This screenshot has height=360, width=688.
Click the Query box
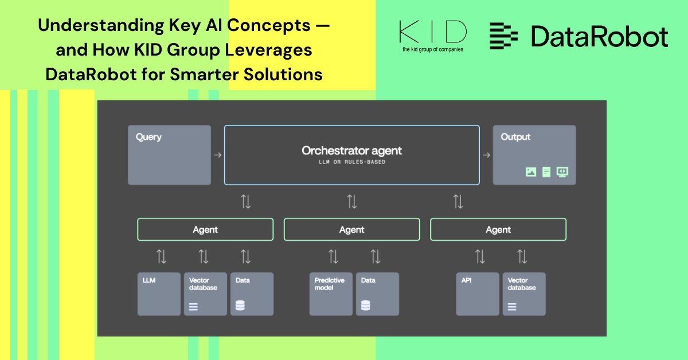(x=169, y=155)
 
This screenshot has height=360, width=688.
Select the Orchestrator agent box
(x=351, y=155)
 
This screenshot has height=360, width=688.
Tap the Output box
(x=534, y=155)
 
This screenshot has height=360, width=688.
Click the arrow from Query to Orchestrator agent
(x=217, y=155)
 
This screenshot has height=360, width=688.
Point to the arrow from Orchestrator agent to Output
(x=486, y=155)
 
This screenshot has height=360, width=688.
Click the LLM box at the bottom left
(x=159, y=294)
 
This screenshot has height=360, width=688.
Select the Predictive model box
(x=331, y=294)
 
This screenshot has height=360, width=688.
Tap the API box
(x=478, y=294)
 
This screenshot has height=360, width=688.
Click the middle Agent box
(x=351, y=229)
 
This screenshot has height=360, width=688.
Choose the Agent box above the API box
(x=498, y=229)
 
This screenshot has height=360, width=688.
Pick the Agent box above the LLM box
(x=205, y=229)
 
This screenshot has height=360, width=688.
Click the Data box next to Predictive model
(x=377, y=294)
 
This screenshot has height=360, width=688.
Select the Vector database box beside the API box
(x=524, y=294)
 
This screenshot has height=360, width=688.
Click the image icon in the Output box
(x=531, y=172)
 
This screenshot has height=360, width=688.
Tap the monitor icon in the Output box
(x=562, y=172)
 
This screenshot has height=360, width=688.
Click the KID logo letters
(x=432, y=32)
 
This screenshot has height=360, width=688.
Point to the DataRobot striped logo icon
(x=503, y=36)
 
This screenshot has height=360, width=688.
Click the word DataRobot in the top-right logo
(x=599, y=36)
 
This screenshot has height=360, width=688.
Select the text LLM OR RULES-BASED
(x=351, y=162)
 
